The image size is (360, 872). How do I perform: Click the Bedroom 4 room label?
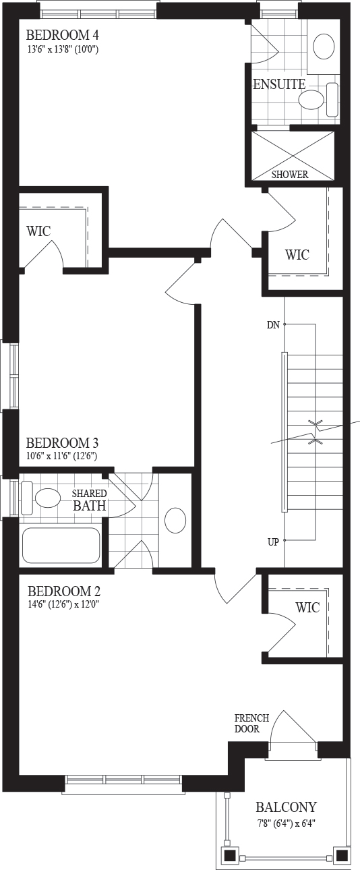tap(62, 36)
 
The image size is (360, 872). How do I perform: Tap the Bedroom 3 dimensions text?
tap(61, 456)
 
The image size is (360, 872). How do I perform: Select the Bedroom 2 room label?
tap(64, 591)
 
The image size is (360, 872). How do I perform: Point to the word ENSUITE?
tap(279, 84)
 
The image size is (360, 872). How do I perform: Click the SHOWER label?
tap(290, 175)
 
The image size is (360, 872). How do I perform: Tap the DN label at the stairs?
tap(273, 324)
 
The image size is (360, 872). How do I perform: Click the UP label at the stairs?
tap(273, 542)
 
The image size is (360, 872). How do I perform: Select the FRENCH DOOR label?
tap(252, 723)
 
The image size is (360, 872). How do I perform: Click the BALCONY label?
tap(286, 807)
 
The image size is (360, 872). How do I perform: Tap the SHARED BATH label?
tap(90, 500)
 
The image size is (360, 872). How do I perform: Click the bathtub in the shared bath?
tap(61, 545)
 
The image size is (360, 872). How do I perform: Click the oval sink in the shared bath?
tap(175, 520)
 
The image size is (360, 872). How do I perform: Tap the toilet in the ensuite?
tap(318, 100)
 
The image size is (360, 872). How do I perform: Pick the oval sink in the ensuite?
tap(324, 47)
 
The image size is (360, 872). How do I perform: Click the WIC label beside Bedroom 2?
tap(307, 607)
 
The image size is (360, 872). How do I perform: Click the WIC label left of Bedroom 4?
tap(38, 231)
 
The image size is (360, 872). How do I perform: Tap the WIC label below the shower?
tap(297, 255)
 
